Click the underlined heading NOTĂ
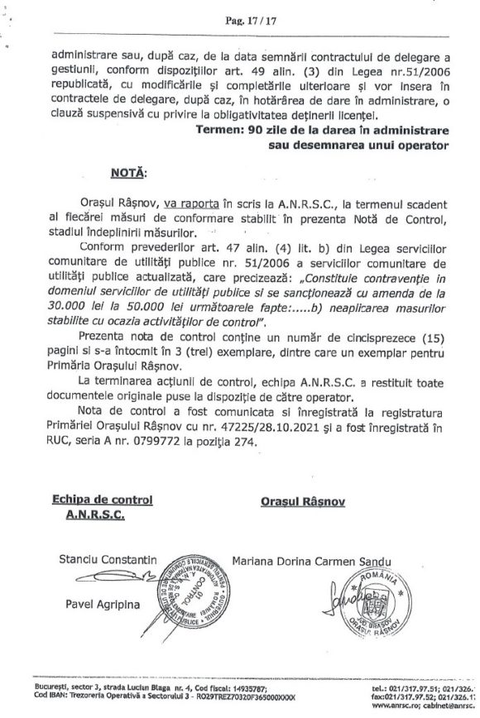tap(127, 175)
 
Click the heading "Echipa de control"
tap(103, 500)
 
